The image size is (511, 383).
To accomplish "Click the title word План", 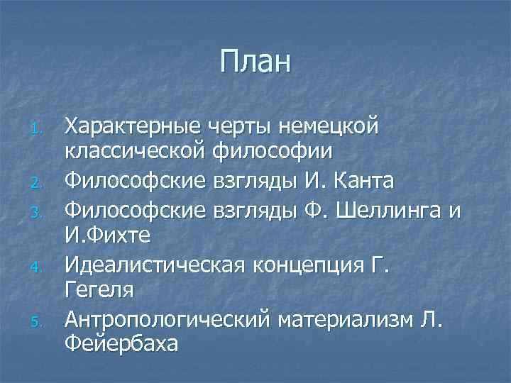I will (255, 62).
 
